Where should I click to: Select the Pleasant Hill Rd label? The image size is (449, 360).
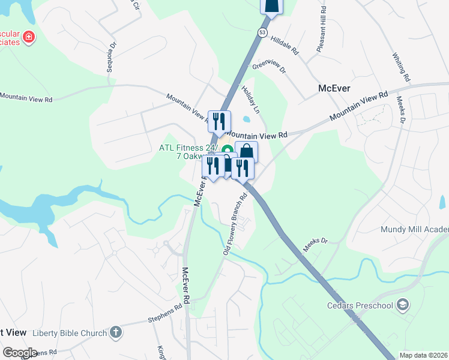click(x=321, y=28)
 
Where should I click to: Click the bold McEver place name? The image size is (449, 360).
click(x=334, y=88)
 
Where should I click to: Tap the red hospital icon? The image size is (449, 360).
click(x=28, y=38)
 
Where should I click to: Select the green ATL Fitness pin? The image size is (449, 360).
click(x=227, y=150)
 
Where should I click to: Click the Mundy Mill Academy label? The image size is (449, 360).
click(x=414, y=229)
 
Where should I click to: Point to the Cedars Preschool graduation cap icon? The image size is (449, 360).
click(x=403, y=305)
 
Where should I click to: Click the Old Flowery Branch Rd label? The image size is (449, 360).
click(x=236, y=224)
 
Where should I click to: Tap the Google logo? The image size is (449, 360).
click(x=20, y=352)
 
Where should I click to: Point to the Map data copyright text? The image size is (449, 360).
click(x=423, y=355)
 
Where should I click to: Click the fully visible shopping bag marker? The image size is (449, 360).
click(x=246, y=152)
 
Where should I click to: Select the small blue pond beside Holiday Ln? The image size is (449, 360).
click(x=247, y=118)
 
